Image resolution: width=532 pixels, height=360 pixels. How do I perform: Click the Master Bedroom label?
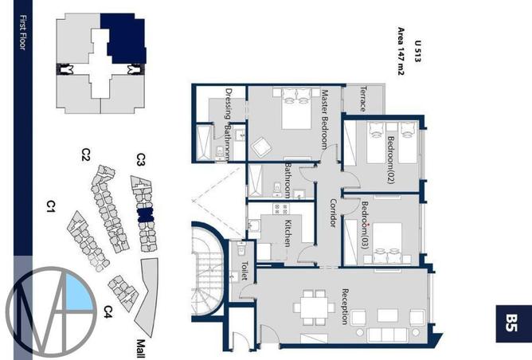[x=325, y=119]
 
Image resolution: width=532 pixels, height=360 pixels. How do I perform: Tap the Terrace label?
[x=363, y=99]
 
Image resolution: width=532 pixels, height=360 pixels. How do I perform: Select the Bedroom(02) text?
[x=391, y=160]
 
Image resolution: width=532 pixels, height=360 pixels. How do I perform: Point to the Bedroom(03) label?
[x=365, y=225]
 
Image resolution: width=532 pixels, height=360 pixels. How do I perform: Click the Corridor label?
[x=333, y=213]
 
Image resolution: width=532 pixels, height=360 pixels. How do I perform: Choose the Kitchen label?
[x=288, y=233]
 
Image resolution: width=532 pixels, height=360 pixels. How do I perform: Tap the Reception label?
[x=345, y=307]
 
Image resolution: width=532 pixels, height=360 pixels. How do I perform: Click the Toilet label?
[x=244, y=271]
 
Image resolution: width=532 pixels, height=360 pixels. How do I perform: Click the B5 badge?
[x=514, y=323]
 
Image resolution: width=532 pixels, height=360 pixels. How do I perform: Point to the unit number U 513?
[x=417, y=51]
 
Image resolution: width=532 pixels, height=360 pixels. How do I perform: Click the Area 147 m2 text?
[x=401, y=51]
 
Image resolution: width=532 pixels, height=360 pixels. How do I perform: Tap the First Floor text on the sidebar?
[x=23, y=33]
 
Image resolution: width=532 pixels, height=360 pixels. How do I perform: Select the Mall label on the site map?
[x=141, y=349]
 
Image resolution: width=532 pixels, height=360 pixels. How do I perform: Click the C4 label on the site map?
[x=108, y=312]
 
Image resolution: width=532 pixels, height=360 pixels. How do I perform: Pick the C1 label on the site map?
[x=51, y=206]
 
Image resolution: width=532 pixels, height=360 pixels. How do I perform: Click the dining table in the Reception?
[x=314, y=307]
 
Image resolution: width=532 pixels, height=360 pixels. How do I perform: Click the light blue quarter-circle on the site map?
[x=78, y=292]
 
